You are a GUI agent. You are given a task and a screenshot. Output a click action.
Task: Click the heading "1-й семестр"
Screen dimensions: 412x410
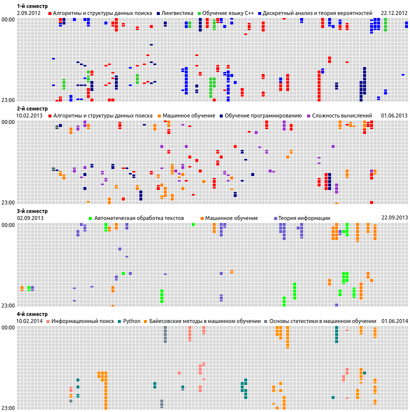coord(32,6)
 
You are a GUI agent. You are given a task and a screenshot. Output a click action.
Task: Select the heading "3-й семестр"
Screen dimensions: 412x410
coord(32,211)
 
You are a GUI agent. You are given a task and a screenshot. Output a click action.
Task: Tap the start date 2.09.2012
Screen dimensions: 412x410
coord(29,13)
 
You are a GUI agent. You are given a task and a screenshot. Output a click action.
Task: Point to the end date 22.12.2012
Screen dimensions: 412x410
coord(394,13)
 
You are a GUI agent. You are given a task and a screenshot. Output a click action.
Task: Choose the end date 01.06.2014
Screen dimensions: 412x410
coord(395,321)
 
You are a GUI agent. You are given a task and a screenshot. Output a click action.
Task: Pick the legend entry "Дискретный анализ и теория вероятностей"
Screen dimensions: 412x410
coord(317,13)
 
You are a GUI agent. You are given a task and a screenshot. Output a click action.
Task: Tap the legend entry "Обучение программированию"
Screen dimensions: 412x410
coord(263,115)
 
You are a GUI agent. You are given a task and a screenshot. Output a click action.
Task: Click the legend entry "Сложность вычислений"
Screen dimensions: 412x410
coord(342,115)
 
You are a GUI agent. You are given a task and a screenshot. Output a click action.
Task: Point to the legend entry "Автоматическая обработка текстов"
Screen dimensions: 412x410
coord(139,218)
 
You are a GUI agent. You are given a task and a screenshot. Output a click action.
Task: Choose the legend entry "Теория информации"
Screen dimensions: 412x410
coord(304,218)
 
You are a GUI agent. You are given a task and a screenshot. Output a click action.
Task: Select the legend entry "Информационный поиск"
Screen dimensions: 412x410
coord(82,321)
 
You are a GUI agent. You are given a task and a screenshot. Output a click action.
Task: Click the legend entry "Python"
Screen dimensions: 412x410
coord(132,321)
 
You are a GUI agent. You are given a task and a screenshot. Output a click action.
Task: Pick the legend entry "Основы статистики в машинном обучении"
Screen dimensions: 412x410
coord(323,321)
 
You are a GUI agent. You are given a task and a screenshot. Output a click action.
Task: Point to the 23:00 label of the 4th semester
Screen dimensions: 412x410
coord(8,408)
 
